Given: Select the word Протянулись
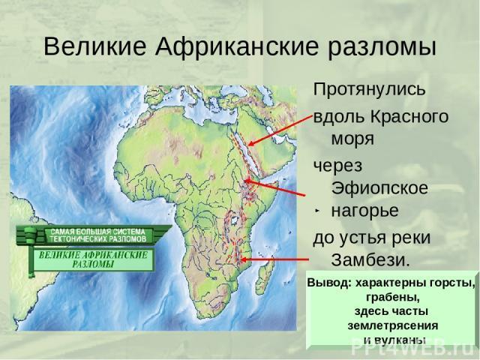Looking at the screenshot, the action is click(x=369, y=89).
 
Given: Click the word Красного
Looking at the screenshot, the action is click(x=409, y=117).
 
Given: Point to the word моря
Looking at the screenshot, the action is click(x=352, y=139).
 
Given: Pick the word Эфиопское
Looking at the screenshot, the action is click(x=379, y=187).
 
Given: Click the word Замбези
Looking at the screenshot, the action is click(x=370, y=260).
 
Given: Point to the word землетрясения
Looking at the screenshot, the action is click(x=393, y=325).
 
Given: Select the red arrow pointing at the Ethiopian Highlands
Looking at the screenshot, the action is click(x=275, y=187).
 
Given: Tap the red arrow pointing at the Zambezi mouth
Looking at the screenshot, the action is click(x=275, y=259).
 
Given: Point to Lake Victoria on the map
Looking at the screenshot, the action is click(x=235, y=220).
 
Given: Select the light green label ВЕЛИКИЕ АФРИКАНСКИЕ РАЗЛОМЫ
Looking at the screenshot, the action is click(x=93, y=259).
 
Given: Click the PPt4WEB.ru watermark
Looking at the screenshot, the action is click(x=415, y=346).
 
